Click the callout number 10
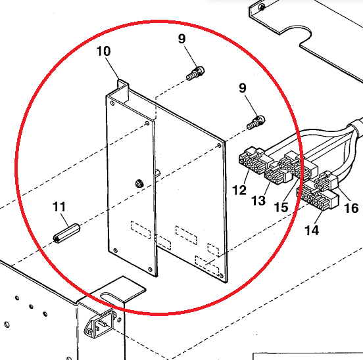point(103,51)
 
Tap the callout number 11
point(59,206)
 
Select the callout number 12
point(239,190)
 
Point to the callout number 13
point(258,200)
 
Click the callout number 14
point(312,230)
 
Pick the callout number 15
point(281,207)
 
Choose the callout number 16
point(351,208)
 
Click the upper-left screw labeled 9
point(195,73)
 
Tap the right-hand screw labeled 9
point(256,122)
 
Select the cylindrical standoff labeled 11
point(66,233)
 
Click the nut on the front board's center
point(139,183)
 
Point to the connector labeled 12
point(253,160)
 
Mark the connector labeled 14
point(318,196)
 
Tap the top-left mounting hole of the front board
point(112,103)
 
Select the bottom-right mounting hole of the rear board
point(222,275)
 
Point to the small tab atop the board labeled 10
point(123,89)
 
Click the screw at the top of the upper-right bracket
point(262,7)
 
